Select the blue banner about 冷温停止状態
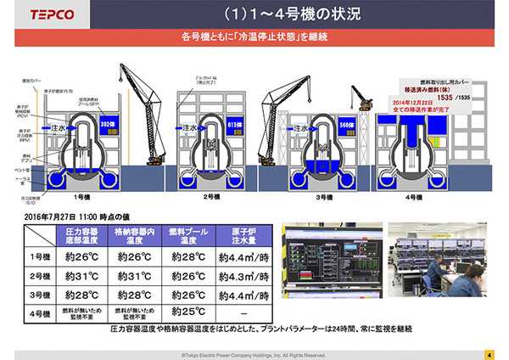click(255, 38)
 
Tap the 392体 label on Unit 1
click(107, 122)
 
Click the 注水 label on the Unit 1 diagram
click(59, 128)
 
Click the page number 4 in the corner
click(489, 353)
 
